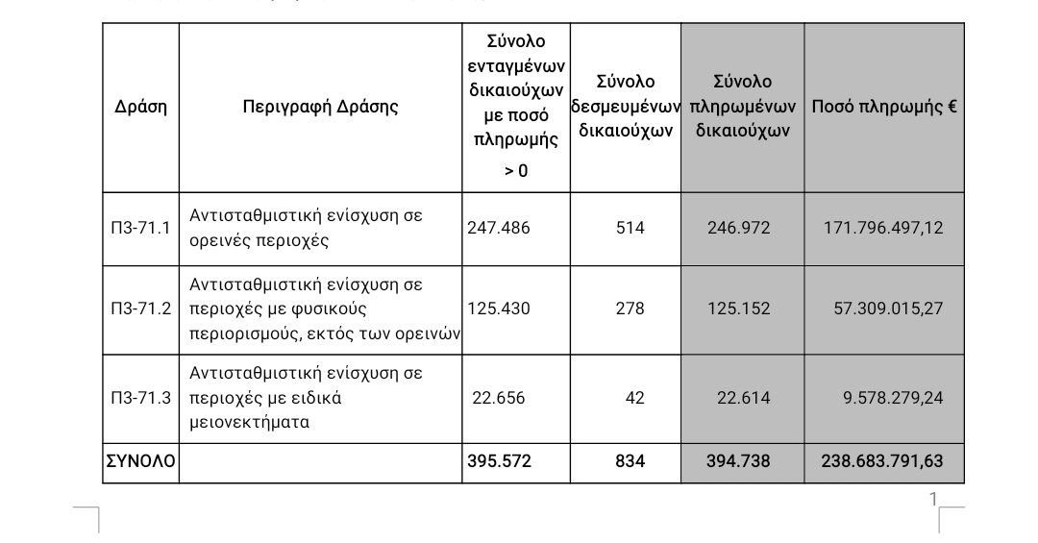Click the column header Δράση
140,108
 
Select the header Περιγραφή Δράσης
320,108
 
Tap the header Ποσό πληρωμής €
883,108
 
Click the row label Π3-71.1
140,229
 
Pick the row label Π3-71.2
140,309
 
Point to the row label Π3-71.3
140,398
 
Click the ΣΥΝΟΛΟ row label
140,461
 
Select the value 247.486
498,229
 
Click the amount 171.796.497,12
883,229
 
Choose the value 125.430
498,309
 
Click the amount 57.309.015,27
888,309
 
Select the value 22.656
499,398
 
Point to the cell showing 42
634,398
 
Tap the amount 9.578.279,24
893,398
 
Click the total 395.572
498,461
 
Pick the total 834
630,461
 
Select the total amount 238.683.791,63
881,461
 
